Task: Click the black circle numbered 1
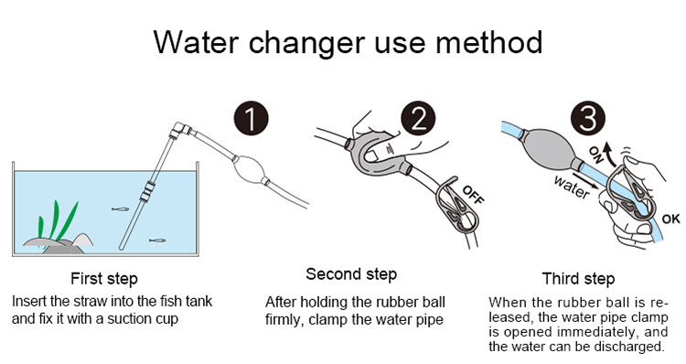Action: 251,118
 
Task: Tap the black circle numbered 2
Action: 418,118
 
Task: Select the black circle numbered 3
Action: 587,118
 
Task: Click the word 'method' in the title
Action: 488,43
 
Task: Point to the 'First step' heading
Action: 104,279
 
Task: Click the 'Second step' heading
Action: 351,274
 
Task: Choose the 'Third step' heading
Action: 578,279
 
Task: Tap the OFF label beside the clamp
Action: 474,195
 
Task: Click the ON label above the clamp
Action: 595,154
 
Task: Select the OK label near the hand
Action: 670,219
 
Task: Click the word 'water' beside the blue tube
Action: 572,187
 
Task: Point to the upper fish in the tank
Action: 120,209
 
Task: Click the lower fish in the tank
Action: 157,241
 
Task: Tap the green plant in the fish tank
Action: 57,223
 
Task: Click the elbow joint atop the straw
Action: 180,130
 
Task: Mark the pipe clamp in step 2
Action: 456,210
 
